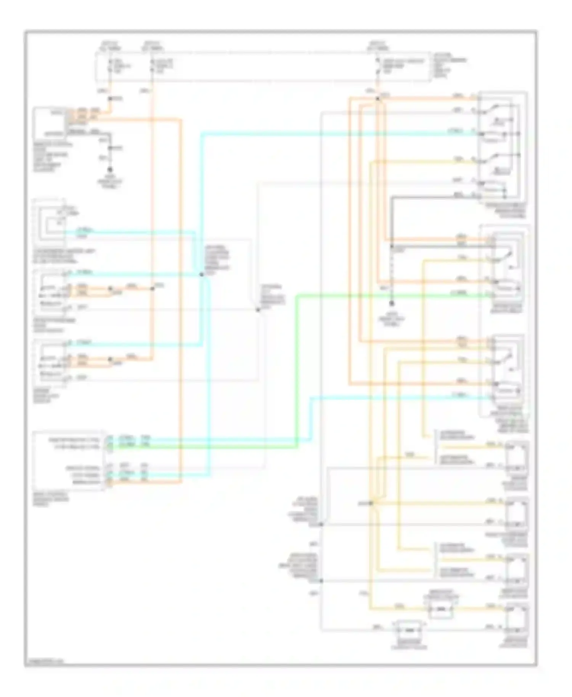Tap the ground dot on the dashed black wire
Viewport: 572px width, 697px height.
391,304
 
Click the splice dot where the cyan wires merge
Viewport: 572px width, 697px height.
202,274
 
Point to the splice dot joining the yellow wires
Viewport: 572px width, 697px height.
371,503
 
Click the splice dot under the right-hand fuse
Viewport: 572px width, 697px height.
378,99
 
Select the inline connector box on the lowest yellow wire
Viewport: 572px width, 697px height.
441,609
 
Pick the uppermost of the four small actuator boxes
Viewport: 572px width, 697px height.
517,457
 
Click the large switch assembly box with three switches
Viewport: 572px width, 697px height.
503,147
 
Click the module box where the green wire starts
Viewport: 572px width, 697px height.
69,461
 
